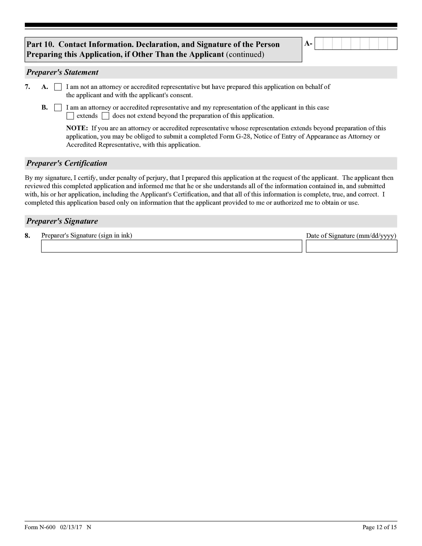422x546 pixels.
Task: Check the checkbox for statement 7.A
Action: click(x=58, y=87)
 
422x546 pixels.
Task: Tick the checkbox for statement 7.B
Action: click(x=58, y=108)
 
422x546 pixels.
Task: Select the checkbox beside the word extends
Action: click(x=70, y=116)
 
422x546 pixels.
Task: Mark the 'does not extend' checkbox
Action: click(x=106, y=116)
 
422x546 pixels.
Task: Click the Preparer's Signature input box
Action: click(x=171, y=246)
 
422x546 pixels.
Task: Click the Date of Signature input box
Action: click(x=351, y=246)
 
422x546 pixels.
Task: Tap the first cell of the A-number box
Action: click(x=319, y=44)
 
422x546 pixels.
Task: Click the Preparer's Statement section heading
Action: click(x=63, y=72)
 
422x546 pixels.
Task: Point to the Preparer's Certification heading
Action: click(x=67, y=163)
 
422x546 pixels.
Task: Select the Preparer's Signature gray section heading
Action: click(x=62, y=221)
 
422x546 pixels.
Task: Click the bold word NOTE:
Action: click(x=77, y=128)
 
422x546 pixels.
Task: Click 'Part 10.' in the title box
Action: click(x=40, y=45)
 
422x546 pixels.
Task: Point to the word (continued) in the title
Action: click(x=245, y=54)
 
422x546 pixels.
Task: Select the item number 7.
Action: click(x=27, y=87)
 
